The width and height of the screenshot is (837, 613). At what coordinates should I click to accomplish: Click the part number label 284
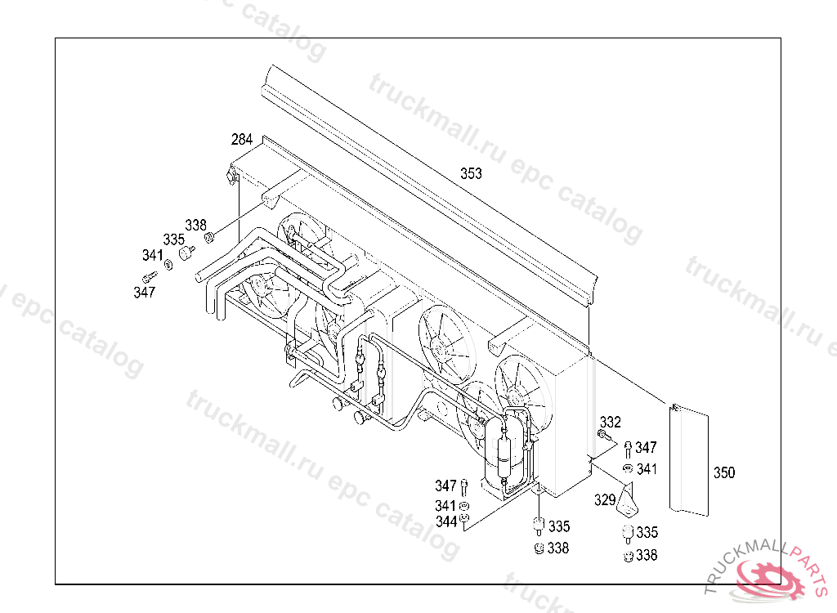click(x=242, y=140)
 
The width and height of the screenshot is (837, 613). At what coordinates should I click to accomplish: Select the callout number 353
click(x=471, y=173)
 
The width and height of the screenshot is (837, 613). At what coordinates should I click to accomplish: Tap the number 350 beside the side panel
click(x=724, y=472)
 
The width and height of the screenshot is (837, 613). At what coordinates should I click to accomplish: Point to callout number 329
click(x=605, y=499)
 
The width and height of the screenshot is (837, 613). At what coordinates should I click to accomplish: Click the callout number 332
click(x=610, y=423)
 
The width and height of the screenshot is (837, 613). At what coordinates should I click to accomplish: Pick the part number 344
click(x=446, y=521)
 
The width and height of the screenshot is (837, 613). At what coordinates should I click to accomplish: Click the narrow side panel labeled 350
click(x=689, y=460)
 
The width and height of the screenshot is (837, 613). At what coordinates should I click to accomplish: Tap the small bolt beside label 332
click(x=602, y=435)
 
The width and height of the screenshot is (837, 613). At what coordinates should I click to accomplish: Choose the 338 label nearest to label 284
click(x=195, y=225)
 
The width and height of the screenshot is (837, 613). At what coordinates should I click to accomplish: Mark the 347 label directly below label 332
click(x=646, y=447)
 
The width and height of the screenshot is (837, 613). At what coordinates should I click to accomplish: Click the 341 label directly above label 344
click(x=445, y=506)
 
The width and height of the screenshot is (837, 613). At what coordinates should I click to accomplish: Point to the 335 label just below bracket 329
click(x=647, y=532)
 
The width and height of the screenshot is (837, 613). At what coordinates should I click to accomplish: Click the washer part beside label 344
click(x=464, y=518)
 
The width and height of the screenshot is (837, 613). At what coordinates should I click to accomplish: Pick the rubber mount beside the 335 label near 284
click(x=187, y=253)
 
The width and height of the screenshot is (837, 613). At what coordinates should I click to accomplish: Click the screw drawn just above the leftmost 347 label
click(x=150, y=276)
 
